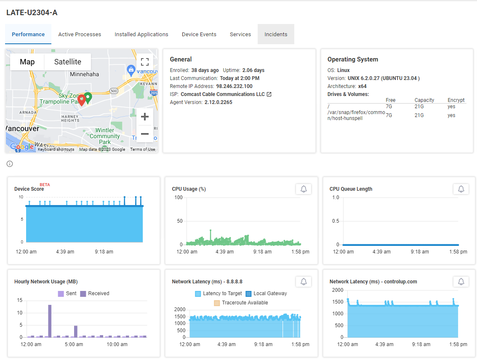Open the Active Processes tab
80,35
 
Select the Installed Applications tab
141,35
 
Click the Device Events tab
199,35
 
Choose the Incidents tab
276,35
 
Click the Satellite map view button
67,62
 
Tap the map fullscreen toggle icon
145,62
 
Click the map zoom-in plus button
144,117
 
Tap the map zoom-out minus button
144,134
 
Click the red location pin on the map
82,100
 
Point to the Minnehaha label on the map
84,75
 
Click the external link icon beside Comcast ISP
269,94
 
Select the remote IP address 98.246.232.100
235,86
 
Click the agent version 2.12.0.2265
218,102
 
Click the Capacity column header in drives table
424,100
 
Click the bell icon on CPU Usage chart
304,189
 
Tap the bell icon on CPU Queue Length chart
461,189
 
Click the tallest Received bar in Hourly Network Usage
50,321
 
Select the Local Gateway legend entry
266,293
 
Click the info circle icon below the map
10,164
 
